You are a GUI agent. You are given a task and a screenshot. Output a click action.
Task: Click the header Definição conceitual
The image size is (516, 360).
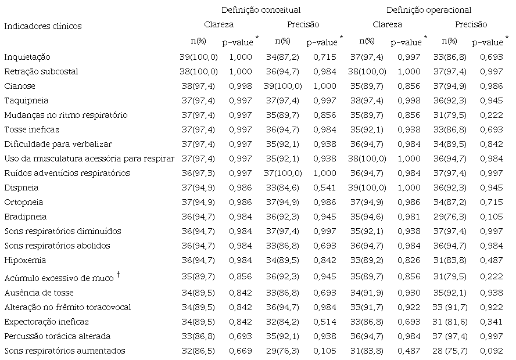pos(261,10)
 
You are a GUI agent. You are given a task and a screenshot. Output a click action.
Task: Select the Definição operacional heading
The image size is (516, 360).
pos(429,10)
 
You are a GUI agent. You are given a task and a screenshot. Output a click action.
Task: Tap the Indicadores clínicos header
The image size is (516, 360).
pos(43,26)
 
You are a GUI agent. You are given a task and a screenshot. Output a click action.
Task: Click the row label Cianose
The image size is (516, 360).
pos(20,86)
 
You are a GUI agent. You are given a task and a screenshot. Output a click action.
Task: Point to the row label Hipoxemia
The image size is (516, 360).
pos(25,260)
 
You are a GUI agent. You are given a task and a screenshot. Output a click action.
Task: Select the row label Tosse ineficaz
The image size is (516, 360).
pos(31,129)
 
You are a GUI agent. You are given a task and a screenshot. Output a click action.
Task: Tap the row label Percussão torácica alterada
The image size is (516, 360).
pos(57,336)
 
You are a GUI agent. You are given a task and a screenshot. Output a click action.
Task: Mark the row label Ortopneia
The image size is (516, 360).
pos(24,202)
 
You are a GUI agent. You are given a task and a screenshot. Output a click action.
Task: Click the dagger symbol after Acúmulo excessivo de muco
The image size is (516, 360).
pos(119,273)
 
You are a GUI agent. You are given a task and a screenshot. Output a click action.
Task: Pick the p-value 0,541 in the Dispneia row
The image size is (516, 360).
pos(322,188)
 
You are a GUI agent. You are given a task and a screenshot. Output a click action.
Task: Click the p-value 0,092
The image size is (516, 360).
pos(490,351)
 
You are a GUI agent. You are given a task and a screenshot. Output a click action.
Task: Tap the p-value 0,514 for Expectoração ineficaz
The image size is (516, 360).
pos(322,322)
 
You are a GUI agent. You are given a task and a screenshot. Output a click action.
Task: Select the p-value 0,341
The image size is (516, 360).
pos(490,322)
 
